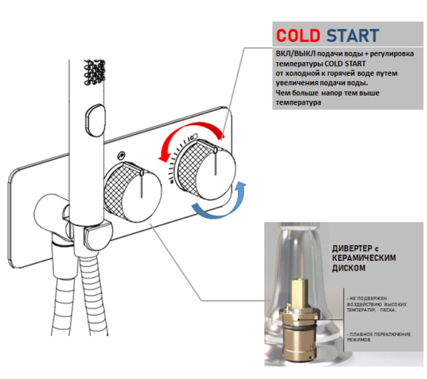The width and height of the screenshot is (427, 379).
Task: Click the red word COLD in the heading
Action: click(298, 35)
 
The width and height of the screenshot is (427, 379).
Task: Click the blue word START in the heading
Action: click(353, 35)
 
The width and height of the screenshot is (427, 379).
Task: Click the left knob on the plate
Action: click(133, 191)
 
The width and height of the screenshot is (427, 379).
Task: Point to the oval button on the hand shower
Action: click(95, 121)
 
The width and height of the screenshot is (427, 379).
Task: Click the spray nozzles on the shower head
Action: click(94, 73)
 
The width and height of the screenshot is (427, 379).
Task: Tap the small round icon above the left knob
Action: click(121, 155)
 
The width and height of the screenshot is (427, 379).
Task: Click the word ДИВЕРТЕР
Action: click(352, 248)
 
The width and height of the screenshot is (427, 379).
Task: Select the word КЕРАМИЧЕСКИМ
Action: click(364, 258)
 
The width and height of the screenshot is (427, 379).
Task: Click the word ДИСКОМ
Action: click(348, 268)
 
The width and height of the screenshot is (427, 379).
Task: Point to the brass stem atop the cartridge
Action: click(299, 293)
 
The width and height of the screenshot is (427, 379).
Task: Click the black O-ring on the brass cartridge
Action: click(299, 327)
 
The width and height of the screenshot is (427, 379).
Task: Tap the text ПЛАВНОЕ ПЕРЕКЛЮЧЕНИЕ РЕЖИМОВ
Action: click(379, 337)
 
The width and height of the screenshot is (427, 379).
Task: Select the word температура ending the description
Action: click(299, 102)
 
